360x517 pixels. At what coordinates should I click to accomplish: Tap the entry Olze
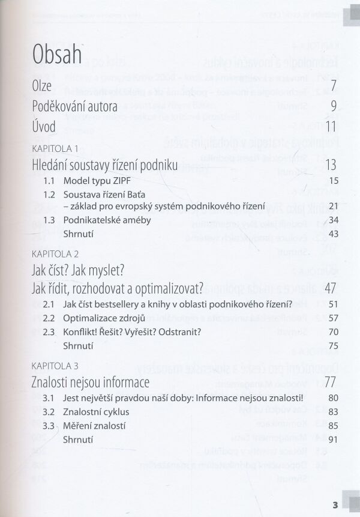pyautogui.click(x=41, y=85)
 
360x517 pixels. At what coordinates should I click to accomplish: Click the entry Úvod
pyautogui.click(x=44, y=127)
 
